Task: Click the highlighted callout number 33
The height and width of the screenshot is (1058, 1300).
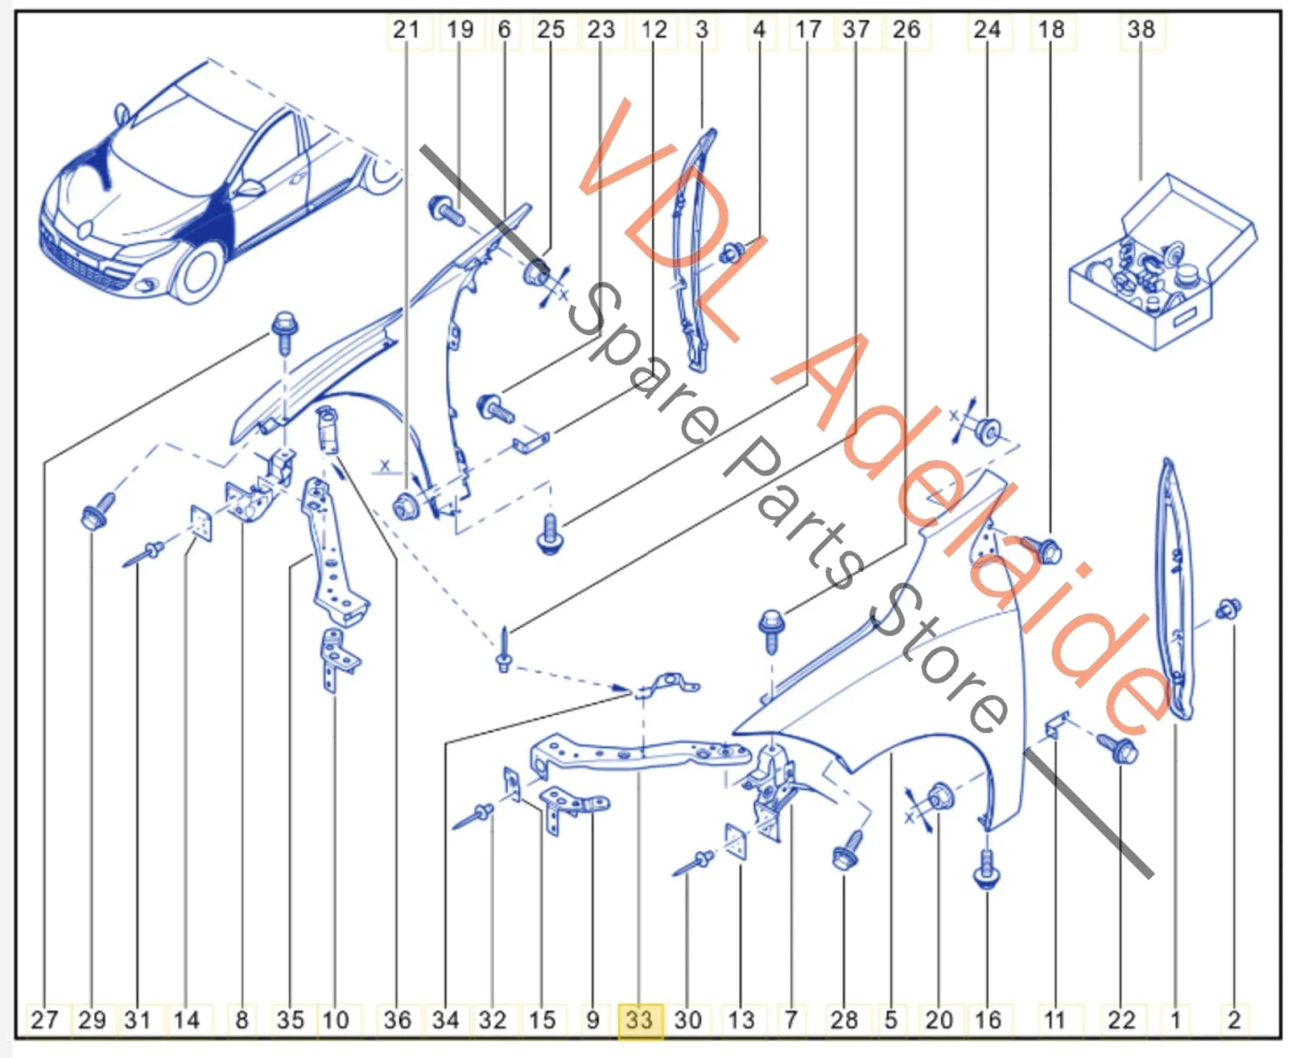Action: (639, 1020)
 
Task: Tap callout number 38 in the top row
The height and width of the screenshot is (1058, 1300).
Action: (1141, 30)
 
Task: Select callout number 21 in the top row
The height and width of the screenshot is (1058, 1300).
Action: (406, 30)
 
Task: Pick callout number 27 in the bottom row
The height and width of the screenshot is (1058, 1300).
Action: (44, 1020)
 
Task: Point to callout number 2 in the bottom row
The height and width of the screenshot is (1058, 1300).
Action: (1234, 1020)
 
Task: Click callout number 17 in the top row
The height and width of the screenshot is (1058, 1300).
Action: (808, 30)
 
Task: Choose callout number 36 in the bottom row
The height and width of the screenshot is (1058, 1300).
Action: (397, 1020)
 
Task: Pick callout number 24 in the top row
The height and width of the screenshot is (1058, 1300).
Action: (987, 30)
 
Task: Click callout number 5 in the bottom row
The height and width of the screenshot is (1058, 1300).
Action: (890, 1020)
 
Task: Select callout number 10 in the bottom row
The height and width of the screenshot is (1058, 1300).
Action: (335, 1020)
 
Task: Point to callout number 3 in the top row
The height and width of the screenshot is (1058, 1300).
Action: (702, 30)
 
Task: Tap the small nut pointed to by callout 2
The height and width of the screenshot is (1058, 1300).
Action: (1228, 610)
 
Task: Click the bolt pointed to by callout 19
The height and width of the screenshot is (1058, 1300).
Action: (448, 212)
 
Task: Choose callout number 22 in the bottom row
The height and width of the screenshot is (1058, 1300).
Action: (1121, 1020)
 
